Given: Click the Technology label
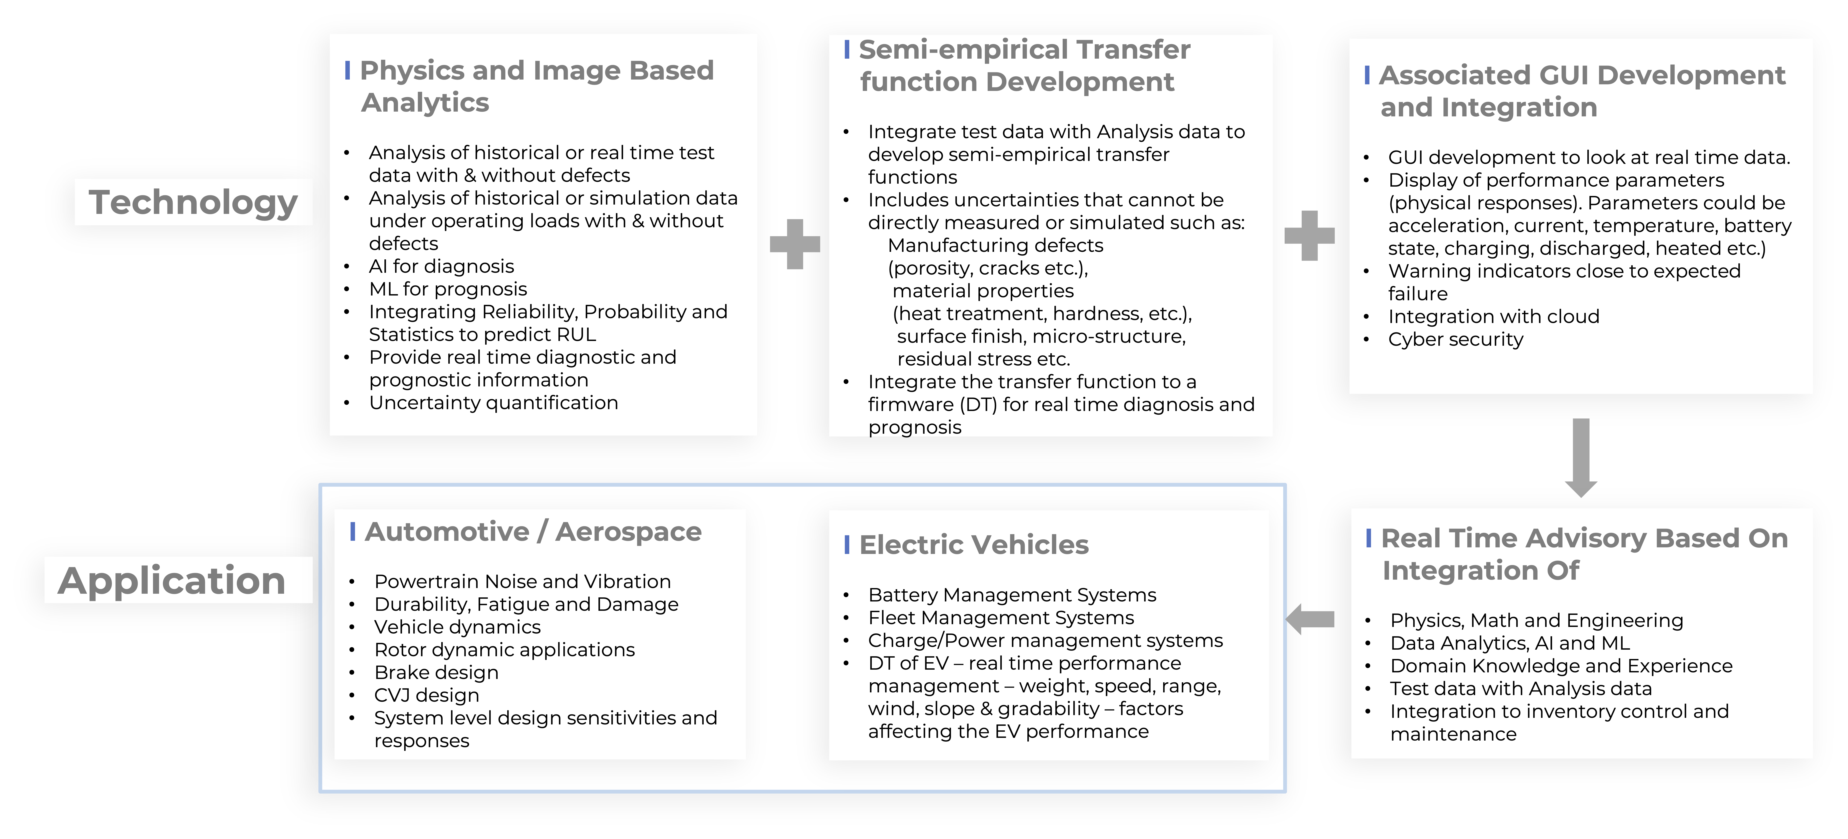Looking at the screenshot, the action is [x=193, y=202].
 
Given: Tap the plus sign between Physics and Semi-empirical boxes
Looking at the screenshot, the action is [x=795, y=244].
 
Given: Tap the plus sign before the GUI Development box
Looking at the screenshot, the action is [x=1309, y=235].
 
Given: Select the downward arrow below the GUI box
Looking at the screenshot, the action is [x=1581, y=458].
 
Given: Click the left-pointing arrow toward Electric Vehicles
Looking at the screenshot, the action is [x=1310, y=619].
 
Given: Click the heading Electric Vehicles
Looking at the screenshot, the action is [x=973, y=545].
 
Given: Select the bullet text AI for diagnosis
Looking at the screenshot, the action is [x=441, y=266].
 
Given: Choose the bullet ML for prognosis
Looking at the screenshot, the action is [x=448, y=289].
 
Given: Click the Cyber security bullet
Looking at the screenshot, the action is [x=1456, y=339].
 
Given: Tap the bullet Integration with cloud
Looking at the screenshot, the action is [x=1494, y=316].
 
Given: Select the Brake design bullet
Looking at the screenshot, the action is [x=436, y=673].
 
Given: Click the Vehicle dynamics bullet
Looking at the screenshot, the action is [x=457, y=627].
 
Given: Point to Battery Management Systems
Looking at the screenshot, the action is [x=1012, y=595].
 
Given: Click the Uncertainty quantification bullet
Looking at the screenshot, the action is [x=494, y=403].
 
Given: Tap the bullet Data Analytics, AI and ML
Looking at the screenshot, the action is [x=1510, y=643].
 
